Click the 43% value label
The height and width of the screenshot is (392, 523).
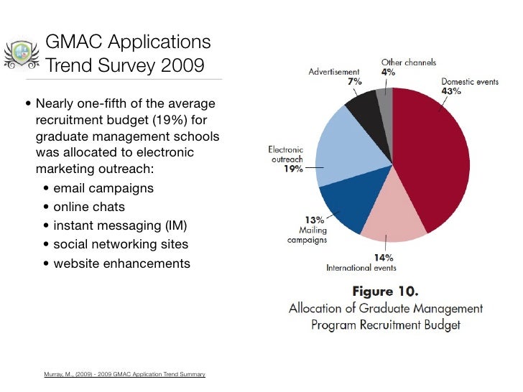click(x=451, y=91)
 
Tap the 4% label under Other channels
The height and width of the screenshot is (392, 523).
click(x=388, y=72)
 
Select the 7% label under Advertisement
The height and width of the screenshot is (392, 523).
click(x=355, y=81)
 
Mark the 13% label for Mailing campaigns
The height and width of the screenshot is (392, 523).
click(x=315, y=220)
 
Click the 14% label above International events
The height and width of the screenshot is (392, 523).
click(x=384, y=258)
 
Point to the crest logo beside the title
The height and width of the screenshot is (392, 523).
click(x=22, y=55)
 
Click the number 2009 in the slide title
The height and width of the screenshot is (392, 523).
click(x=182, y=65)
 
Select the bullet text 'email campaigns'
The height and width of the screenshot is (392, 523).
click(x=103, y=188)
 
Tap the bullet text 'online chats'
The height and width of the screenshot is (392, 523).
click(x=89, y=207)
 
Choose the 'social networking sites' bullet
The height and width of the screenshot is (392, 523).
click(x=121, y=244)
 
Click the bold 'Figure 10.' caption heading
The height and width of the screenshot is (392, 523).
click(x=385, y=291)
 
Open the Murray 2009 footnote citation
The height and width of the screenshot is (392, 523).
click(x=124, y=374)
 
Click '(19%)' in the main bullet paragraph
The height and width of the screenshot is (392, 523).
click(x=170, y=120)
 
